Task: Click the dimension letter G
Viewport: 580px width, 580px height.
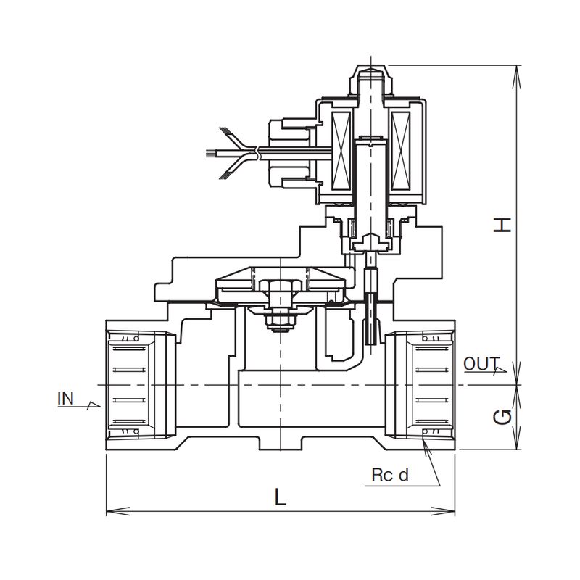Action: click(503, 417)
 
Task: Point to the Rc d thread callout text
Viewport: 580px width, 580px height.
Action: click(391, 476)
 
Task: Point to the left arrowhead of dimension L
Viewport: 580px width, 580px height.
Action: click(109, 510)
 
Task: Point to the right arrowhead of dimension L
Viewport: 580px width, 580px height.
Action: click(452, 510)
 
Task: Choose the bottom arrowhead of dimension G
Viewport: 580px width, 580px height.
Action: click(517, 446)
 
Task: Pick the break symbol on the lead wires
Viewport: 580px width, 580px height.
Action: click(257, 153)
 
